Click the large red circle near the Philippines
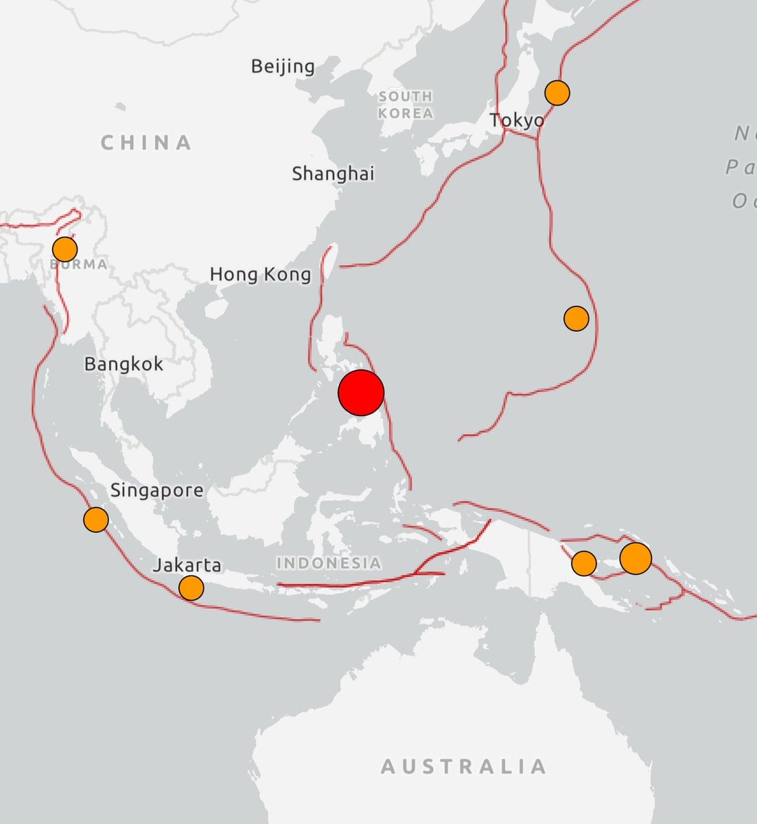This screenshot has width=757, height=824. point(361,393)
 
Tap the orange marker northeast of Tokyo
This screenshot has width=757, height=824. point(557,92)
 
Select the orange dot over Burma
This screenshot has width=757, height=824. point(65,249)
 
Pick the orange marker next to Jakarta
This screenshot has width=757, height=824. point(191,588)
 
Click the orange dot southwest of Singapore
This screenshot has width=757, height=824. point(96,519)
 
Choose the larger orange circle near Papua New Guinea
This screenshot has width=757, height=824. point(636,558)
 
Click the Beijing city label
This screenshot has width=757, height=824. point(283,67)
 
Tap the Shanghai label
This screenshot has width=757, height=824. point(334,174)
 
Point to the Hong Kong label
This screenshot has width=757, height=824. point(260,275)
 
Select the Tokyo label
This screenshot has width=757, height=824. point(517,121)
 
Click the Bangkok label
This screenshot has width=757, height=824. point(124,363)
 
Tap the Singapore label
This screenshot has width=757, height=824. point(156,490)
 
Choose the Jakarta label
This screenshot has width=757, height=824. point(187,565)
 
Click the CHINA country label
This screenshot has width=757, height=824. point(146,143)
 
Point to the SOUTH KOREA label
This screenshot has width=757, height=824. point(406,104)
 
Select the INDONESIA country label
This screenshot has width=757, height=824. point(329,563)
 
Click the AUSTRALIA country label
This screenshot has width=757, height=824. point(464,766)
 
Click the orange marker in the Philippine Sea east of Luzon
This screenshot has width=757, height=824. point(577,318)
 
